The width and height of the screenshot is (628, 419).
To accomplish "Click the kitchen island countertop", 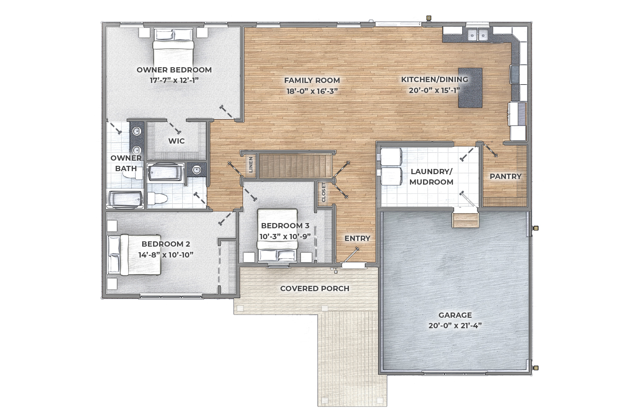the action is point(470,88).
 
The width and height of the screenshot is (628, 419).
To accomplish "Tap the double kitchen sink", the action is point(478,35).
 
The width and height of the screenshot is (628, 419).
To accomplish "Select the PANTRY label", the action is point(505,176).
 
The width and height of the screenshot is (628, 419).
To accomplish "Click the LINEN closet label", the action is point(251,165).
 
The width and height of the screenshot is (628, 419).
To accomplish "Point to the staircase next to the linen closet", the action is point(295,166).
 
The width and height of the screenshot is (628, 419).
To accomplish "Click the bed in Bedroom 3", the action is point(277,235).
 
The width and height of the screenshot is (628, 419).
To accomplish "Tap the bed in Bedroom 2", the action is point(135,255).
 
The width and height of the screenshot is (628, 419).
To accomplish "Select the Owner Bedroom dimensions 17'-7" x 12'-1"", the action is point(174,81).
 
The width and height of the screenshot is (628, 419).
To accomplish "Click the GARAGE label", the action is point(455,315).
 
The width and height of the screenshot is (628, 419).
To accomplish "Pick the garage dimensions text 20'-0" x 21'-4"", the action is point(455,326).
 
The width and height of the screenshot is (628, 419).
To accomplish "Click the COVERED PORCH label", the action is point(314,288).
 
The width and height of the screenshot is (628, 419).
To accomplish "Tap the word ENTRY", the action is point(357,238).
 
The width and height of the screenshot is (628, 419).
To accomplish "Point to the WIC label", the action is point(176,141).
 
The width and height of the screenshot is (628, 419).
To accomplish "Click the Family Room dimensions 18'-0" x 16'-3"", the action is point(312,91).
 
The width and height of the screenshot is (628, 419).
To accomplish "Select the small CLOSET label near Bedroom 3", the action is point(324,192).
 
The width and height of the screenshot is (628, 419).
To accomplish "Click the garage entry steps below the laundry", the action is point(465,220).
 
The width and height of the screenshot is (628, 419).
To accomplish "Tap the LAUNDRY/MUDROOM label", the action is point(431,177).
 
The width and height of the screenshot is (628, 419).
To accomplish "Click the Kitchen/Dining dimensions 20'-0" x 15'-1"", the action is point(435,91).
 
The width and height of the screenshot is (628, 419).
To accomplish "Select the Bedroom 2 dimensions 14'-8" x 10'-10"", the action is point(166,255).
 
